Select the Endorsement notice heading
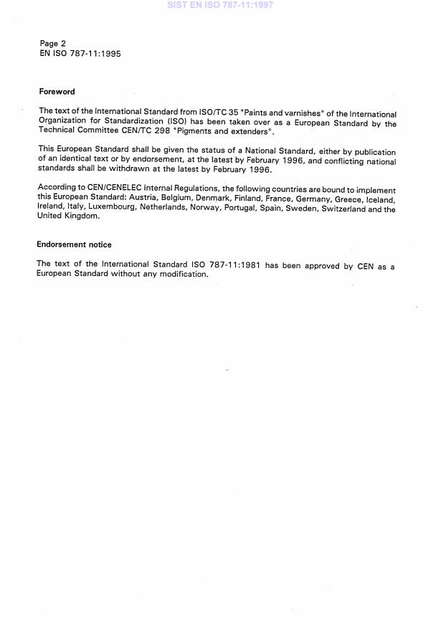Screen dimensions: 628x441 (x=75, y=244)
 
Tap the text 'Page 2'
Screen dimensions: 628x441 (x=53, y=44)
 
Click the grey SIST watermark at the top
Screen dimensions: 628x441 (x=219, y=5)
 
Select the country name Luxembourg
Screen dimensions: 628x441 (x=105, y=209)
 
